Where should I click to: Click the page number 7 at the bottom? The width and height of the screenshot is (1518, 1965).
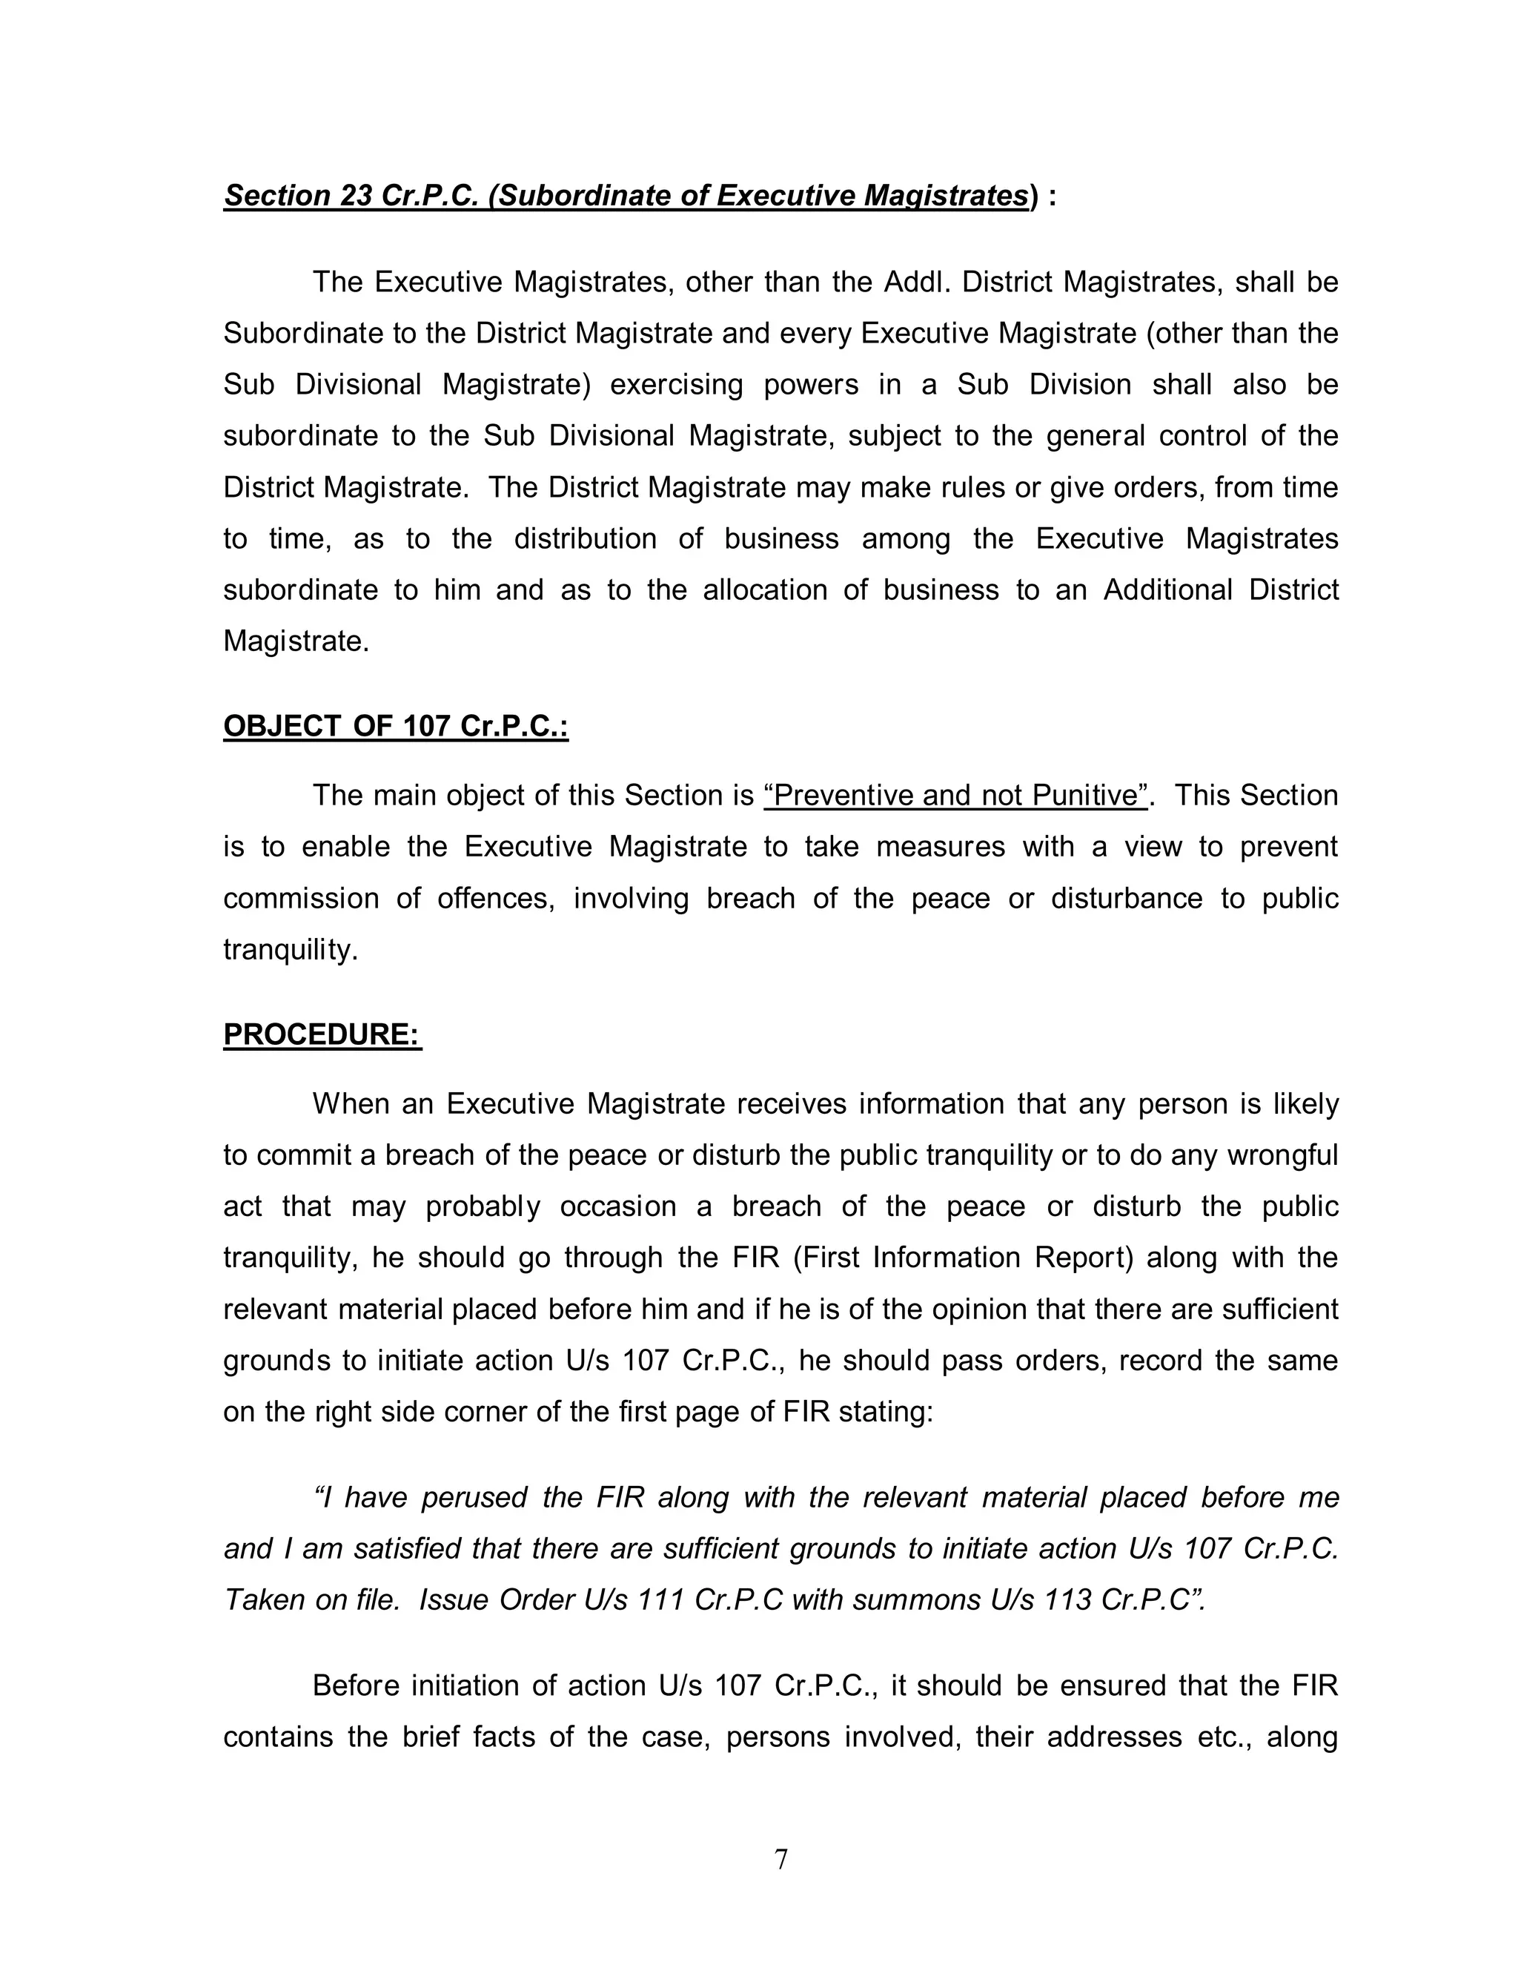pyautogui.click(x=780, y=1859)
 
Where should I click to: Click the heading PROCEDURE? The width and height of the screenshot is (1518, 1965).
pyautogui.click(x=322, y=1034)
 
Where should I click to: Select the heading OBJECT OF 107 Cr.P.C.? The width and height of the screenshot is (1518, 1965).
pyautogui.click(x=396, y=726)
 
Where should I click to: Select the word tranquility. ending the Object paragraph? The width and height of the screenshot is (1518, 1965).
pyautogui.click(x=291, y=950)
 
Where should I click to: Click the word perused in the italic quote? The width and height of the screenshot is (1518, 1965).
pyautogui.click(x=475, y=1497)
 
